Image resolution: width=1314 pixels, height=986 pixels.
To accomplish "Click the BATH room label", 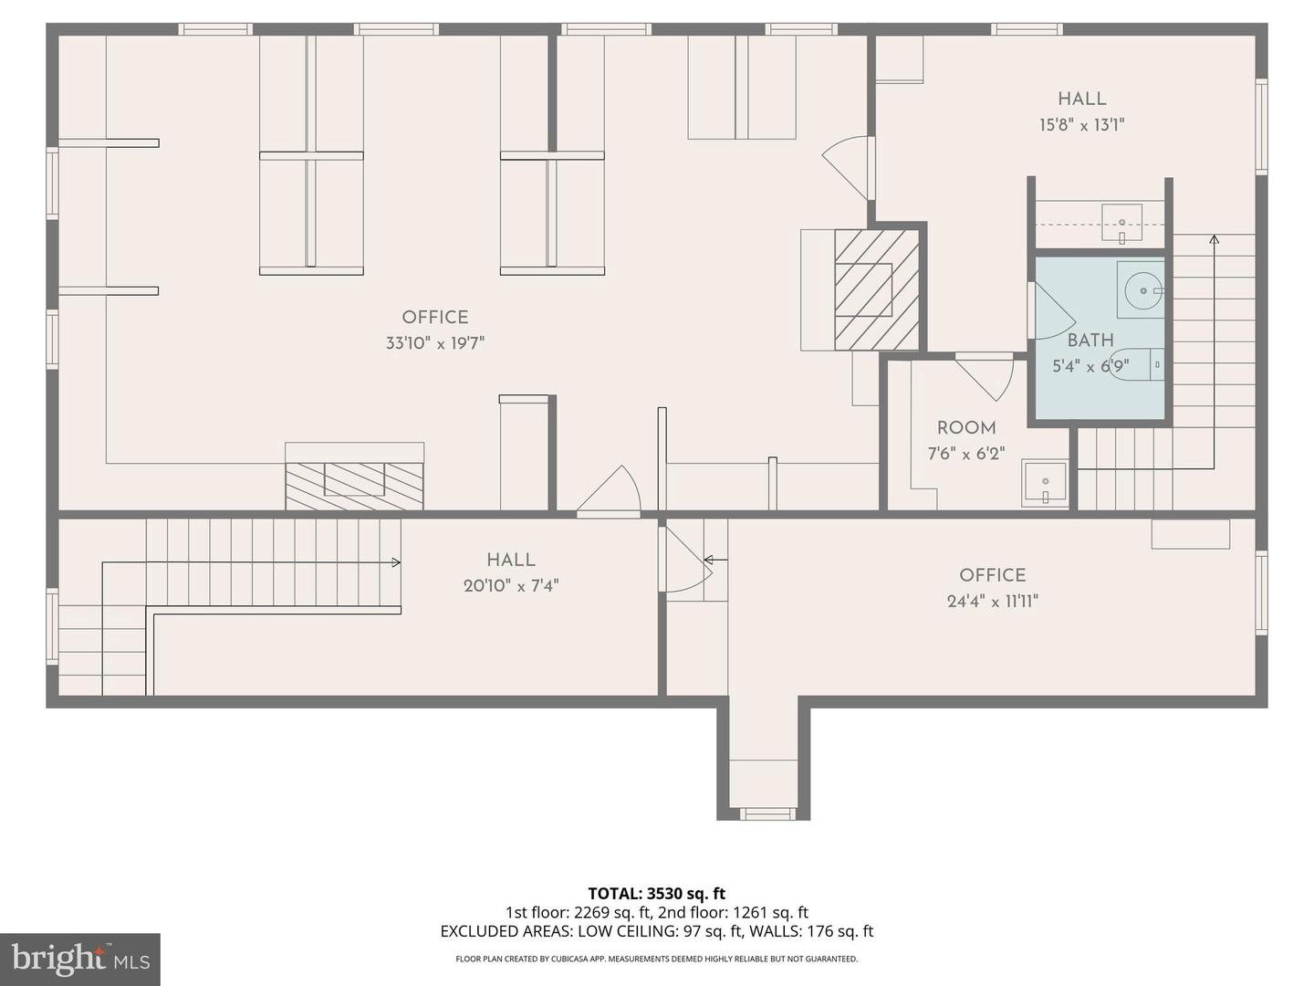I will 1090,340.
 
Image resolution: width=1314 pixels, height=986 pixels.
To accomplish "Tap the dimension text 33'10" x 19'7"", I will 434,343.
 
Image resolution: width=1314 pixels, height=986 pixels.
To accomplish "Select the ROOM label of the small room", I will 966,427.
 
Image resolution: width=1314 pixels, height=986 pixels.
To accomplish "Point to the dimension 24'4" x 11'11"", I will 993,601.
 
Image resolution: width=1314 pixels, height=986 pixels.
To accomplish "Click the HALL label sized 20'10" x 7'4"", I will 511,560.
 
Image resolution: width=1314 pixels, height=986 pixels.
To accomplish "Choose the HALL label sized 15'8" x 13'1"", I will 1081,99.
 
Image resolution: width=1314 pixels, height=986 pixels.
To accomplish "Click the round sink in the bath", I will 1141,291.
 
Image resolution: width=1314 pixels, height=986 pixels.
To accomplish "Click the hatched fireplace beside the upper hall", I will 876,288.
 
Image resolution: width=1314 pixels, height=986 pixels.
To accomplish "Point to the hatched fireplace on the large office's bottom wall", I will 354,485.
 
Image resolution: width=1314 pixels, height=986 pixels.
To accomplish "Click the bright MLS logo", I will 79,959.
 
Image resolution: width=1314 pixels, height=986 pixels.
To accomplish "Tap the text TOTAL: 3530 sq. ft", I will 656,893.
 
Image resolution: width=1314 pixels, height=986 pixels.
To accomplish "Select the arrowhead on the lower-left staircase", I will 396,562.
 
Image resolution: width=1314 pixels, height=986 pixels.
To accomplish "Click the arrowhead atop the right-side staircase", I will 1214,240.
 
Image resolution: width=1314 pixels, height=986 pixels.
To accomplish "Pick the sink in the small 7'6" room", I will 1045,482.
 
